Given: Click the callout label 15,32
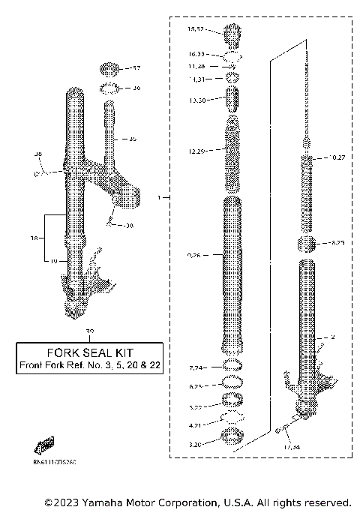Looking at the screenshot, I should pyautogui.click(x=194, y=30).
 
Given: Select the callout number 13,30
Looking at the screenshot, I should pyautogui.click(x=197, y=100).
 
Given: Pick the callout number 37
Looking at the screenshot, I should pyautogui.click(x=136, y=68).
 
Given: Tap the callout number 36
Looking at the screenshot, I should pyautogui.click(x=136, y=88).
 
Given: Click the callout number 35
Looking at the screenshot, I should pyautogui.click(x=133, y=139).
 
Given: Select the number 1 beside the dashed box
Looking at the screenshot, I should pyautogui.click(x=158, y=198).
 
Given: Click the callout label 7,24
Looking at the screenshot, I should pyautogui.click(x=196, y=367).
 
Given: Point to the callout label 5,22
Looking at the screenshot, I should pyautogui.click(x=196, y=406).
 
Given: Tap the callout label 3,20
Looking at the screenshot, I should pyautogui.click(x=196, y=445).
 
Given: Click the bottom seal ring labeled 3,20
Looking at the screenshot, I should pyautogui.click(x=233, y=437).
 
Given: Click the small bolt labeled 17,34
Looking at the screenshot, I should pyautogui.click(x=281, y=429).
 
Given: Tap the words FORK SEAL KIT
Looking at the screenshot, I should pyautogui.click(x=89, y=352).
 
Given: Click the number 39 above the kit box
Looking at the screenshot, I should pyautogui.click(x=91, y=331).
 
